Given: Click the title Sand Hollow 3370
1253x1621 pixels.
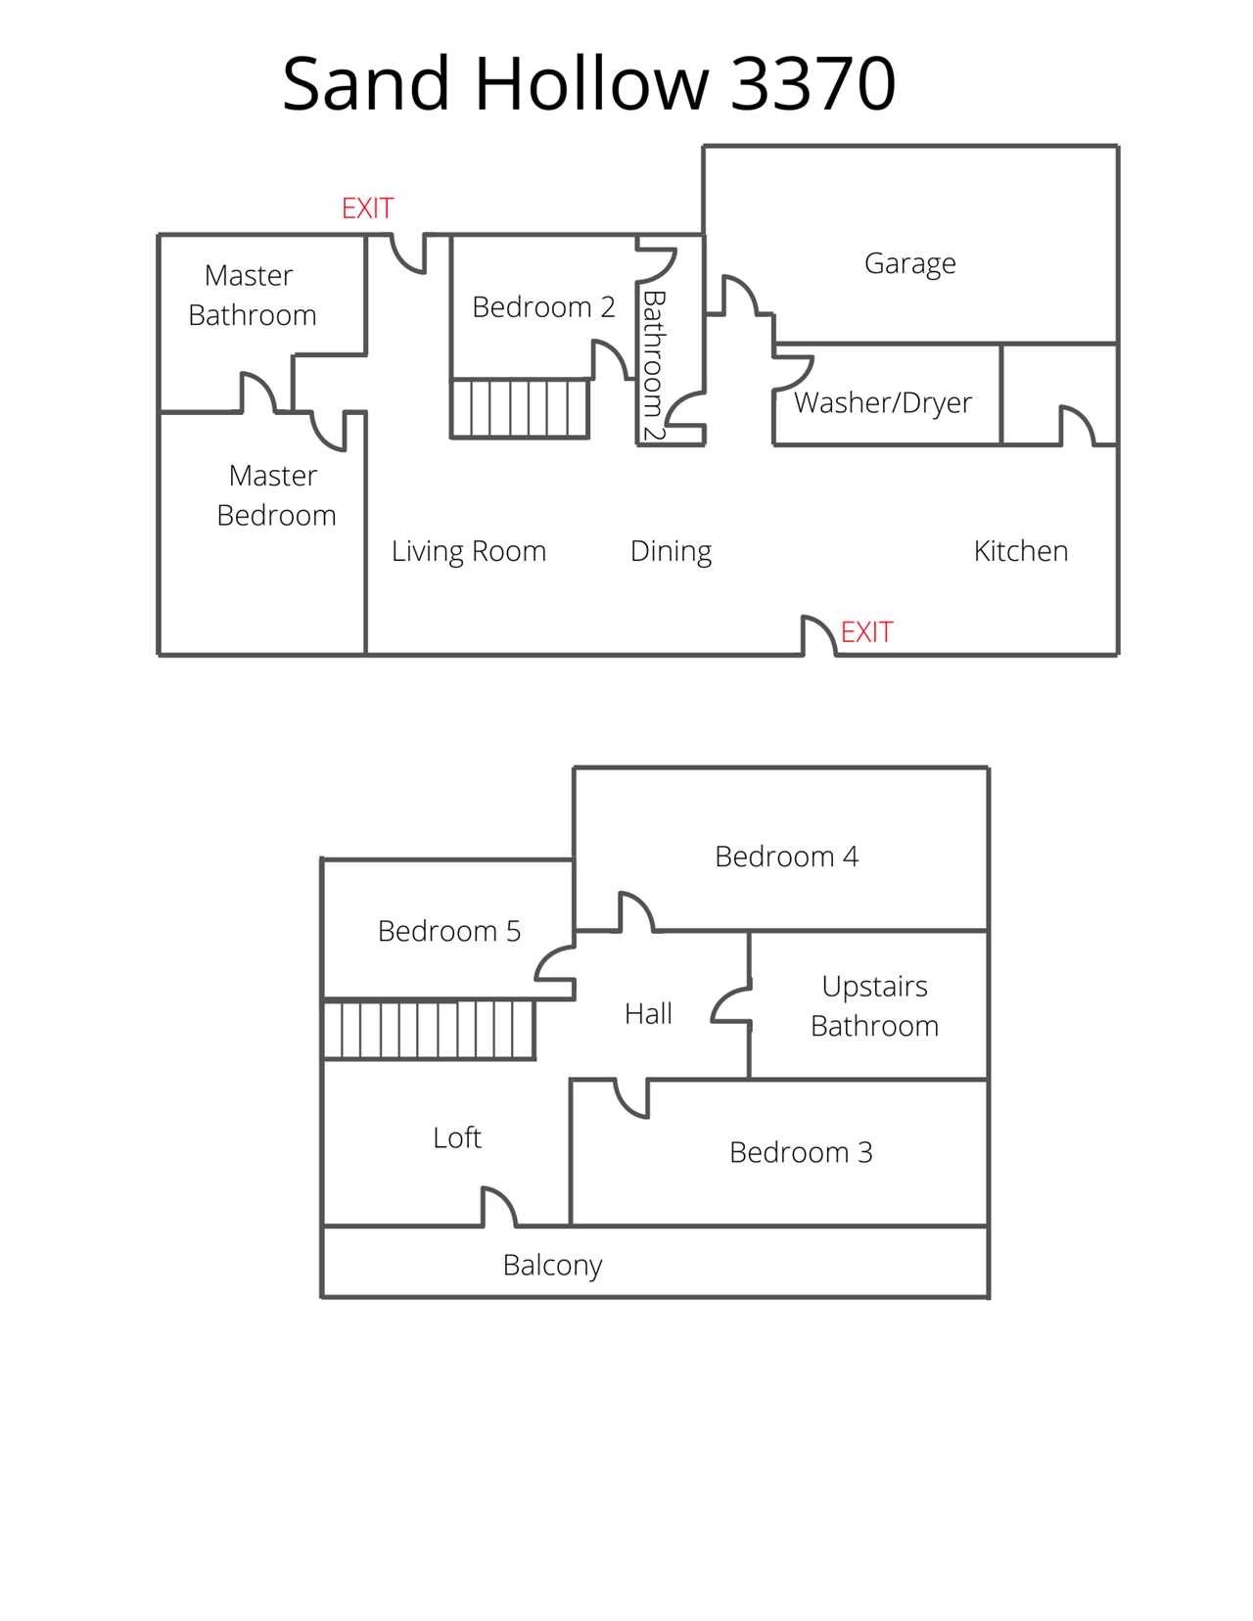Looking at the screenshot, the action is [588, 83].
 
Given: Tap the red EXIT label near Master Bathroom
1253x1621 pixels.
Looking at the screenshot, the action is [367, 208].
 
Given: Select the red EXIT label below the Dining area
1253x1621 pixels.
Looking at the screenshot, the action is [866, 632].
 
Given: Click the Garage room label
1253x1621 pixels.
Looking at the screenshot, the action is [910, 264].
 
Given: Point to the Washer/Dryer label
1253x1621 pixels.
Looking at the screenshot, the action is [882, 403].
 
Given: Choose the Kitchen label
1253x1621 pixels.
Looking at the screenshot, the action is [1020, 551].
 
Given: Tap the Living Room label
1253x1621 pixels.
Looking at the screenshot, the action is [468, 552].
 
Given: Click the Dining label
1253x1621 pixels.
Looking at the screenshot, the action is [671, 552].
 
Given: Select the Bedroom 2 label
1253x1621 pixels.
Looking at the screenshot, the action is [543, 307].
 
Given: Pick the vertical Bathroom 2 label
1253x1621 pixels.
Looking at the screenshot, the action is [654, 365].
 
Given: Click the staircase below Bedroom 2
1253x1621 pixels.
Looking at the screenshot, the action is [520, 408].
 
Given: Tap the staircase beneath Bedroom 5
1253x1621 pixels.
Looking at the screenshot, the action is [429, 1030].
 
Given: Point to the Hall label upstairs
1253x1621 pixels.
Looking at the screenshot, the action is [648, 1014].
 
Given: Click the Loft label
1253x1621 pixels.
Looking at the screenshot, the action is [456, 1137].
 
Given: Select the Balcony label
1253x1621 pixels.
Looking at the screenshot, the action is [552, 1265].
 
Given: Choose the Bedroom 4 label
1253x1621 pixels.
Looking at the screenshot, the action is [786, 857].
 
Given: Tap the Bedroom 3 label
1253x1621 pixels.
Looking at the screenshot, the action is [801, 1152].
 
